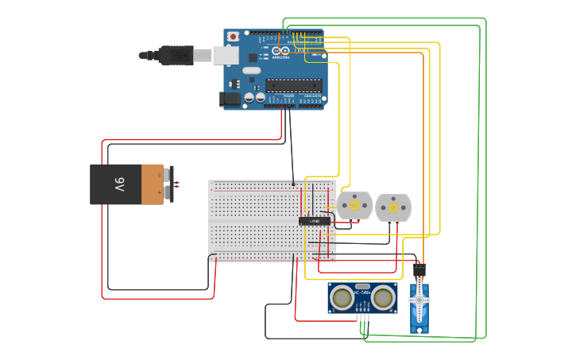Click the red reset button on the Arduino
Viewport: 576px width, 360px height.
233,37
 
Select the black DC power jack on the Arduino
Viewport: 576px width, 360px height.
229,99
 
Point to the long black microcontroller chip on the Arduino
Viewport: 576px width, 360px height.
293,86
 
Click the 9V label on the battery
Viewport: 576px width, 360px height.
119,184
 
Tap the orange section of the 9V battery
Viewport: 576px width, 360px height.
152,184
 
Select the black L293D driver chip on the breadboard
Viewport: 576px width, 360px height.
314,221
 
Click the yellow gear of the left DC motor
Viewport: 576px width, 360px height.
354,205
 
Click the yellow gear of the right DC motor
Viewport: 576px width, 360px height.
392,207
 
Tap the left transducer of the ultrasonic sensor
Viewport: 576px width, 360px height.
342,298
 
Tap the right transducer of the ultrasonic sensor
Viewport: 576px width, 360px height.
384,298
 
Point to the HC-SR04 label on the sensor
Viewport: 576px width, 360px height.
362,292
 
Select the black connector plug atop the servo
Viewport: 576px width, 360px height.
419,270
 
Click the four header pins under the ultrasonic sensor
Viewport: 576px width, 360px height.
363,317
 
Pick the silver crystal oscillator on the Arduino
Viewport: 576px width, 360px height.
251,71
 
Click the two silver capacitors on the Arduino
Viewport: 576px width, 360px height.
254,97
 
